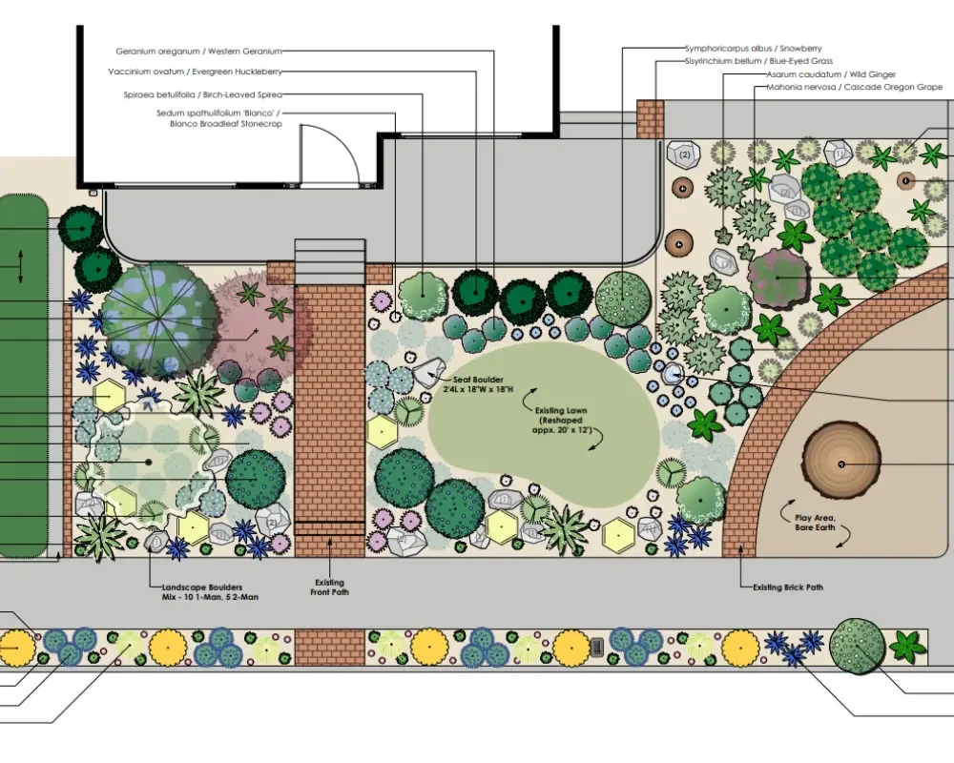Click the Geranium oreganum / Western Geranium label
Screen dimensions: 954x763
(x=198, y=52)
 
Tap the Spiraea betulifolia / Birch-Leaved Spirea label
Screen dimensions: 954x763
(x=202, y=94)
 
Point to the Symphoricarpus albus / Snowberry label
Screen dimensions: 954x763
(x=753, y=48)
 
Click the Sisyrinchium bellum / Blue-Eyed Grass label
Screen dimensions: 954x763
(x=752, y=61)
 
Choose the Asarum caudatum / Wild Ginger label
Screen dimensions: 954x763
(x=831, y=74)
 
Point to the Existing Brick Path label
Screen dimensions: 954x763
(x=787, y=588)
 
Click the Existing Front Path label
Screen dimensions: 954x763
(x=330, y=588)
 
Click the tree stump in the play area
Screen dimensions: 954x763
(x=840, y=464)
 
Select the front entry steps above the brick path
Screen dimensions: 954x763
(x=330, y=260)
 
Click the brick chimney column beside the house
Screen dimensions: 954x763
(x=650, y=119)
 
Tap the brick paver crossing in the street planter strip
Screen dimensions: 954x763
(x=330, y=646)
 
